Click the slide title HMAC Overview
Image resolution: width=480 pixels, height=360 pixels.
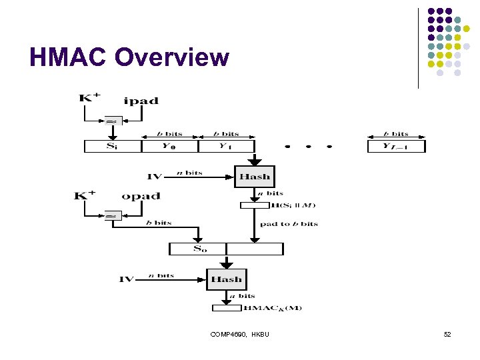pos(129,58)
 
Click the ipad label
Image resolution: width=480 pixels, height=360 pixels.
pos(141,101)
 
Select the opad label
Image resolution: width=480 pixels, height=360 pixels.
pos(141,196)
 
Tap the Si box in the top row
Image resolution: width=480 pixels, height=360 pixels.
pos(113,146)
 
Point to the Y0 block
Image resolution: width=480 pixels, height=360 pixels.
pos(170,146)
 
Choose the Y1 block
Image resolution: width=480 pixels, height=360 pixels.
pos(227,146)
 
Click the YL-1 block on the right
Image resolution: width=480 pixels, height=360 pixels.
pos(396,146)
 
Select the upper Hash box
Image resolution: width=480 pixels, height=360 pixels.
pos(255,177)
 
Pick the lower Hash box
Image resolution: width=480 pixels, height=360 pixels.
pos(227,279)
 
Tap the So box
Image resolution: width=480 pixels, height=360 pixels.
pos(198,249)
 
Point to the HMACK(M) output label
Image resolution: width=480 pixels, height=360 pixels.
pos(272,308)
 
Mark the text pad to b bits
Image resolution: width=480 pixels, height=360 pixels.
pos(289,224)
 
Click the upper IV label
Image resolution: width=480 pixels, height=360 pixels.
pos(154,177)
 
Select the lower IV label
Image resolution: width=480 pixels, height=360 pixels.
pos(127,279)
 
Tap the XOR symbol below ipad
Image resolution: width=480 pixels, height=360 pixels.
pos(112,121)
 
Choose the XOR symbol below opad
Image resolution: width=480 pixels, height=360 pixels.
pos(112,216)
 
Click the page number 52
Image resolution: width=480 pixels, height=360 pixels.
pos(447,334)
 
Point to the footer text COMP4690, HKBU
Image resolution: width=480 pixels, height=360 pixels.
pos(239,334)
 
